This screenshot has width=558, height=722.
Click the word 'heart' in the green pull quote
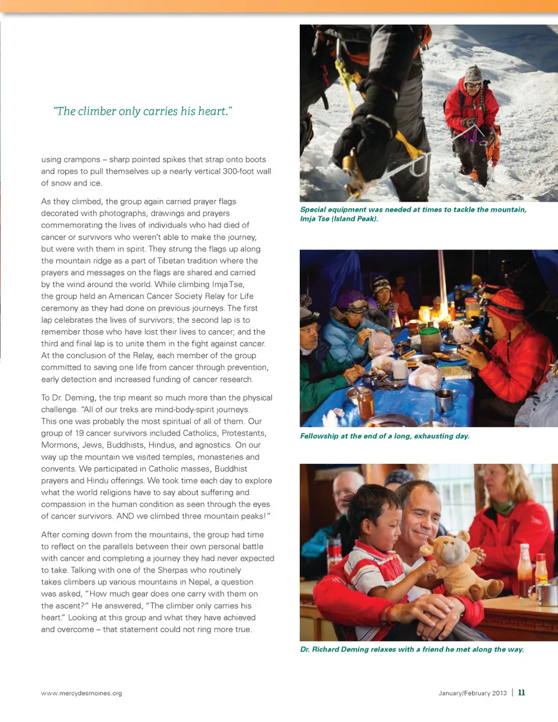212,112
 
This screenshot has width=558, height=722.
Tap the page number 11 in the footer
521,692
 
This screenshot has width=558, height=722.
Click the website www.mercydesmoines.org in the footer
81,693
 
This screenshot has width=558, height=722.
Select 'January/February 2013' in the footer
473,693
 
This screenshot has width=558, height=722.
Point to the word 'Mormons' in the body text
59,445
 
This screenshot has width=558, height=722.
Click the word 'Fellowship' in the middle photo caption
319,436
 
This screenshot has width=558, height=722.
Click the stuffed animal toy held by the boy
463,564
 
